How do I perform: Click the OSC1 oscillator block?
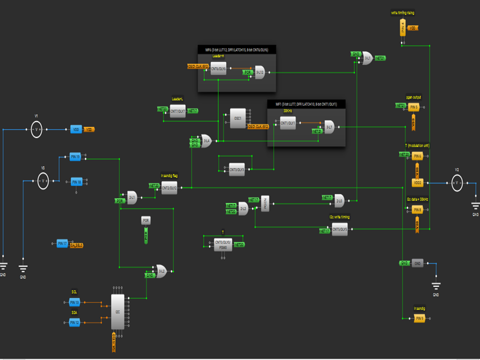pos(237,118)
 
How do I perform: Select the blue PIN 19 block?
pos(75,157)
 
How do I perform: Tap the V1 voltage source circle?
pos(36,129)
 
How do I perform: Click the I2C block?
pos(118,311)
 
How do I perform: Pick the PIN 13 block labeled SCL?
pos(74,302)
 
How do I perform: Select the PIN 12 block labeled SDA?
pos(74,322)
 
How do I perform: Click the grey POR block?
pos(146,221)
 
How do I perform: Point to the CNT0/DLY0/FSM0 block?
pos(223,245)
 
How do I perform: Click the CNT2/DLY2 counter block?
pos(169,189)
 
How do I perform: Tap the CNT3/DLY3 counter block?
pos(237,170)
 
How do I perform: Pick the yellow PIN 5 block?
pos(413,107)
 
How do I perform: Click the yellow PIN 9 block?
pos(419,319)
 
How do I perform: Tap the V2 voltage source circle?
pos(456,183)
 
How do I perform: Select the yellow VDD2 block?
pos(417,183)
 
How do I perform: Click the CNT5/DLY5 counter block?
pos(339,230)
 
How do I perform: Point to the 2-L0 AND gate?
pos(339,201)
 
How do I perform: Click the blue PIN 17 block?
pos(62,243)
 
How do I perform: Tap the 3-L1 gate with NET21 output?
pos(367,58)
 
